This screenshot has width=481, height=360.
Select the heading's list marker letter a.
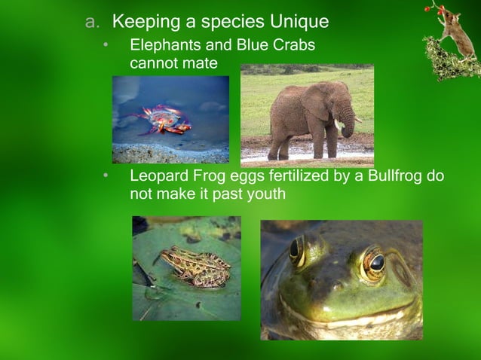pos(92,21)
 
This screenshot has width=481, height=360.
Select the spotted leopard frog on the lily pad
pos(195,266)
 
